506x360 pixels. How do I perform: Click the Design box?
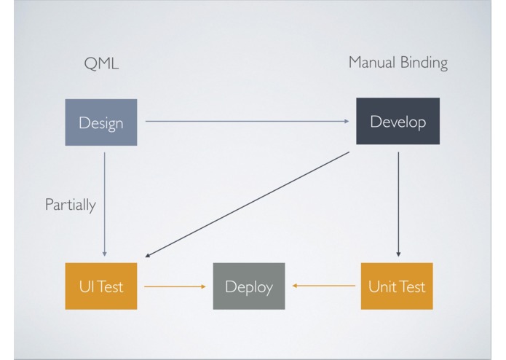tap(101, 122)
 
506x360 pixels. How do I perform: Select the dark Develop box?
tap(398, 121)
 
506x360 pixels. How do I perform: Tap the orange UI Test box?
tap(101, 286)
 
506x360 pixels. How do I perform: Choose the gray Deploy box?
tap(249, 286)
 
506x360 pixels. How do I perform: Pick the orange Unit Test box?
tap(397, 286)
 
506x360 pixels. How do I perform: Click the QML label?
tap(101, 63)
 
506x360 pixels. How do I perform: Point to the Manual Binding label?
tap(398, 63)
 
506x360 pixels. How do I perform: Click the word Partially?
tap(71, 205)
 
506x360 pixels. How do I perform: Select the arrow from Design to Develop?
tap(248, 121)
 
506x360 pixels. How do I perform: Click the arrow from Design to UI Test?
tap(104, 204)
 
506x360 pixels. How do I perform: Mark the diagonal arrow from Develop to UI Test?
tap(248, 204)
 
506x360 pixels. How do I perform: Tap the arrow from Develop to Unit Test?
tap(398, 204)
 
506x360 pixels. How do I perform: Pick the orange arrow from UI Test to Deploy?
tap(175, 286)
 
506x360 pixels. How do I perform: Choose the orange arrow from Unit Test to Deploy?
tap(324, 286)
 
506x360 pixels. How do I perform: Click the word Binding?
tap(424, 63)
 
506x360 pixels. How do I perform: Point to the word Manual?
tap(372, 62)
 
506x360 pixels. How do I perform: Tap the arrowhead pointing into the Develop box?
tap(347, 121)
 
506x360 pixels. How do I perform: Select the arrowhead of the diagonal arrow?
tap(148, 255)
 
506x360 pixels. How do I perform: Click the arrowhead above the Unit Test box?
tap(398, 254)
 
